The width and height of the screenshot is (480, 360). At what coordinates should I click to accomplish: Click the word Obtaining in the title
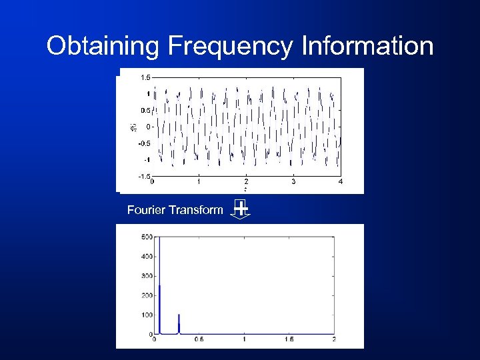(103, 47)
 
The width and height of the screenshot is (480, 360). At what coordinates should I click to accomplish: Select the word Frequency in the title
(231, 47)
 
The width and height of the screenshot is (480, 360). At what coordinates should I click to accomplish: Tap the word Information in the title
(367, 47)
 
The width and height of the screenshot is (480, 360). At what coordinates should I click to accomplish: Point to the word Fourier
(147, 210)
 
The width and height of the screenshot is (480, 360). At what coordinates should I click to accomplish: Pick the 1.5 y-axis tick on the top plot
(145, 77)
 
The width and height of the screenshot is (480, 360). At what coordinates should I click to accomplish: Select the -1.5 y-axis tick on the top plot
(143, 177)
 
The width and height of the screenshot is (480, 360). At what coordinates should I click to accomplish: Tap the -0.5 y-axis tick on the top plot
(143, 143)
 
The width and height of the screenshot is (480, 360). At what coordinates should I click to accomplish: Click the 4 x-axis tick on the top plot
(341, 181)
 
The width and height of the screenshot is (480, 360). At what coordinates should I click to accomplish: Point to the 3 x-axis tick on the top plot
(293, 181)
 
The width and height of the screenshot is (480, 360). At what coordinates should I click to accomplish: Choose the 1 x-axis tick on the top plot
(199, 181)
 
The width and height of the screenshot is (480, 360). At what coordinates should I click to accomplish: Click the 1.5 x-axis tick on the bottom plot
(289, 340)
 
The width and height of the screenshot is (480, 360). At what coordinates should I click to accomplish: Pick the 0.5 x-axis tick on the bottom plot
(199, 340)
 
